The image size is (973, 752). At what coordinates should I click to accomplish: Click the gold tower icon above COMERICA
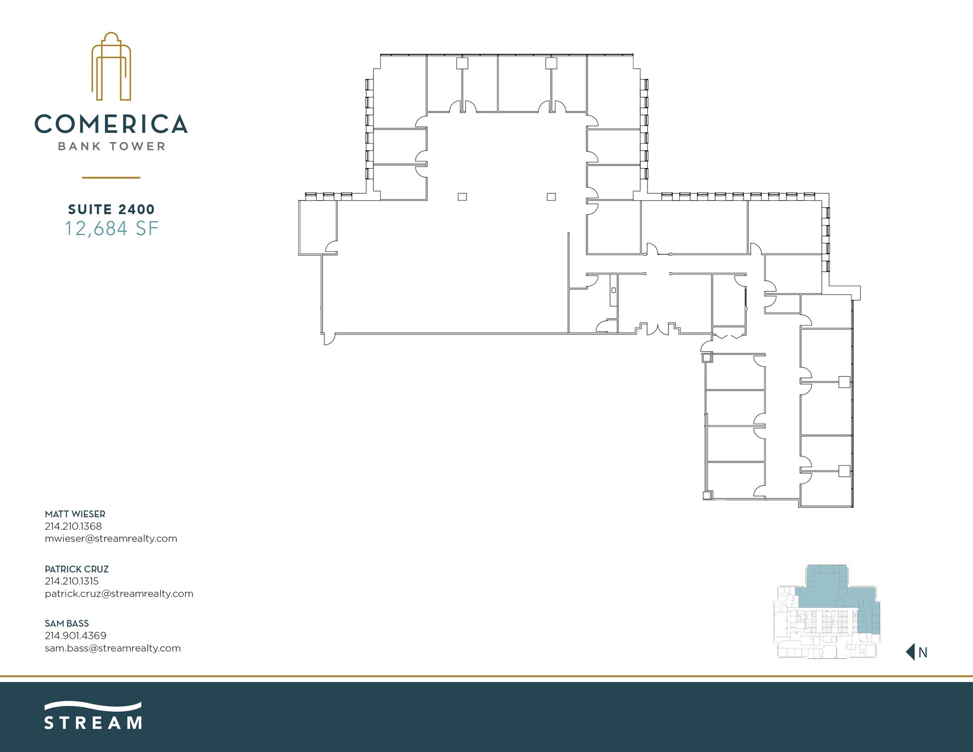pyautogui.click(x=111, y=67)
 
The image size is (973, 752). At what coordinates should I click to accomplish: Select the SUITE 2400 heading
pyautogui.click(x=111, y=209)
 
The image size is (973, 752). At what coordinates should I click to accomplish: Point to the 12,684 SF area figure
pyautogui.click(x=111, y=228)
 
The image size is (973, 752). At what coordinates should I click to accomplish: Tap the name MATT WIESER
pyautogui.click(x=75, y=514)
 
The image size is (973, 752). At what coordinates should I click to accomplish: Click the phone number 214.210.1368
pyautogui.click(x=73, y=526)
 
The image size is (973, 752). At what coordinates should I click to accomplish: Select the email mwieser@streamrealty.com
pyautogui.click(x=111, y=538)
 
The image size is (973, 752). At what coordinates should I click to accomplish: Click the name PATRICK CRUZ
pyautogui.click(x=76, y=569)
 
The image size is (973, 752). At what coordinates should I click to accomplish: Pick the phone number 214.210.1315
pyautogui.click(x=72, y=581)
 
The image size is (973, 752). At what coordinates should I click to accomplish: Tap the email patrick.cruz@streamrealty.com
pyautogui.click(x=119, y=593)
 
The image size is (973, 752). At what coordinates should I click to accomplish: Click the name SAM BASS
pyautogui.click(x=67, y=623)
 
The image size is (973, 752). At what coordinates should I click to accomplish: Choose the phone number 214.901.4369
pyautogui.click(x=76, y=635)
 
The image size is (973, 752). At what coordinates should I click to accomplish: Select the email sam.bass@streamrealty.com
pyautogui.click(x=113, y=648)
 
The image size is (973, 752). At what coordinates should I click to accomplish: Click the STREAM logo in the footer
pyautogui.click(x=93, y=716)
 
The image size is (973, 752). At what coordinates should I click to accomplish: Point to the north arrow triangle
pyautogui.click(x=911, y=652)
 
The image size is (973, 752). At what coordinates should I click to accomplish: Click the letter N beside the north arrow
pyautogui.click(x=923, y=653)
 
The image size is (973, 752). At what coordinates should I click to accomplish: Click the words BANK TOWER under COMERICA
pyautogui.click(x=111, y=146)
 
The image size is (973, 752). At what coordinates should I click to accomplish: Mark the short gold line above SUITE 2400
pyautogui.click(x=111, y=178)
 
